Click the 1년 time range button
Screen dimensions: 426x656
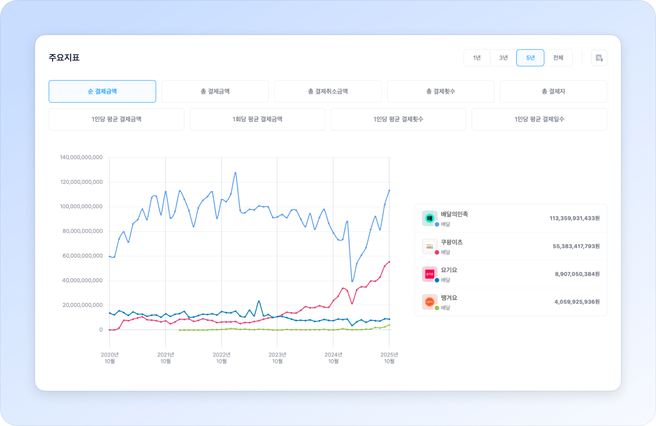477,58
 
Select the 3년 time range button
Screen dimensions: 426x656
503,58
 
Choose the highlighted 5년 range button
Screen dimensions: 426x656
530,58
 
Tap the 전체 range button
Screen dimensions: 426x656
558,58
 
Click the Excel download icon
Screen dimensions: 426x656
599,58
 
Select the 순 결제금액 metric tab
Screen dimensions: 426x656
102,91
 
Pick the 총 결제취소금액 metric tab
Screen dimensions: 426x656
328,91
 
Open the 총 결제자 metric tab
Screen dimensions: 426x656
553,91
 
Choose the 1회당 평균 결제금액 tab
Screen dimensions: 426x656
257,119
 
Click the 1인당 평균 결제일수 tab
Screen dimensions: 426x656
539,119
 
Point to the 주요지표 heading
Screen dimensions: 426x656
64,58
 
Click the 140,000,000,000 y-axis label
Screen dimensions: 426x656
81,157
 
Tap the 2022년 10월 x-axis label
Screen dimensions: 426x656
221,358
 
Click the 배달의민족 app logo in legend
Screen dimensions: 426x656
429,218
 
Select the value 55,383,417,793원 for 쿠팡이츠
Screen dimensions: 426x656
576,246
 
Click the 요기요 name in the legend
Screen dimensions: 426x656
449,270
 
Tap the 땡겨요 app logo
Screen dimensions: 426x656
429,301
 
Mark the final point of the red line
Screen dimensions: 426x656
389,262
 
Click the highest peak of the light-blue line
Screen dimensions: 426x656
235,173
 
